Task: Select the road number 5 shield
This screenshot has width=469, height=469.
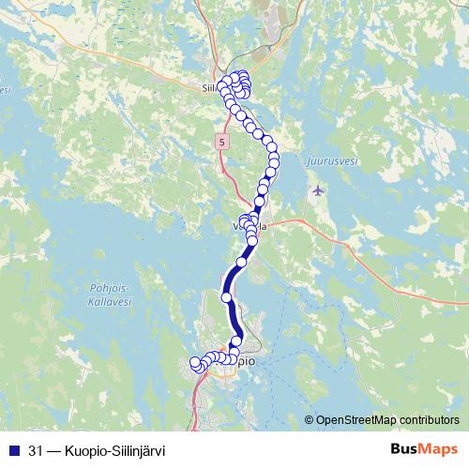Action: (x=220, y=142)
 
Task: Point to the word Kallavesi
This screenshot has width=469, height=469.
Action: (x=106, y=302)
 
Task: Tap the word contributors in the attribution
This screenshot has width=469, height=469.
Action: (x=428, y=419)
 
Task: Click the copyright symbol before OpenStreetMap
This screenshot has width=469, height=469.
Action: (x=310, y=419)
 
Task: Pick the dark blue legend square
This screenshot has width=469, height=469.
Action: (x=13, y=449)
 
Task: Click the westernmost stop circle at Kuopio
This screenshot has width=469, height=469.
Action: (x=196, y=362)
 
